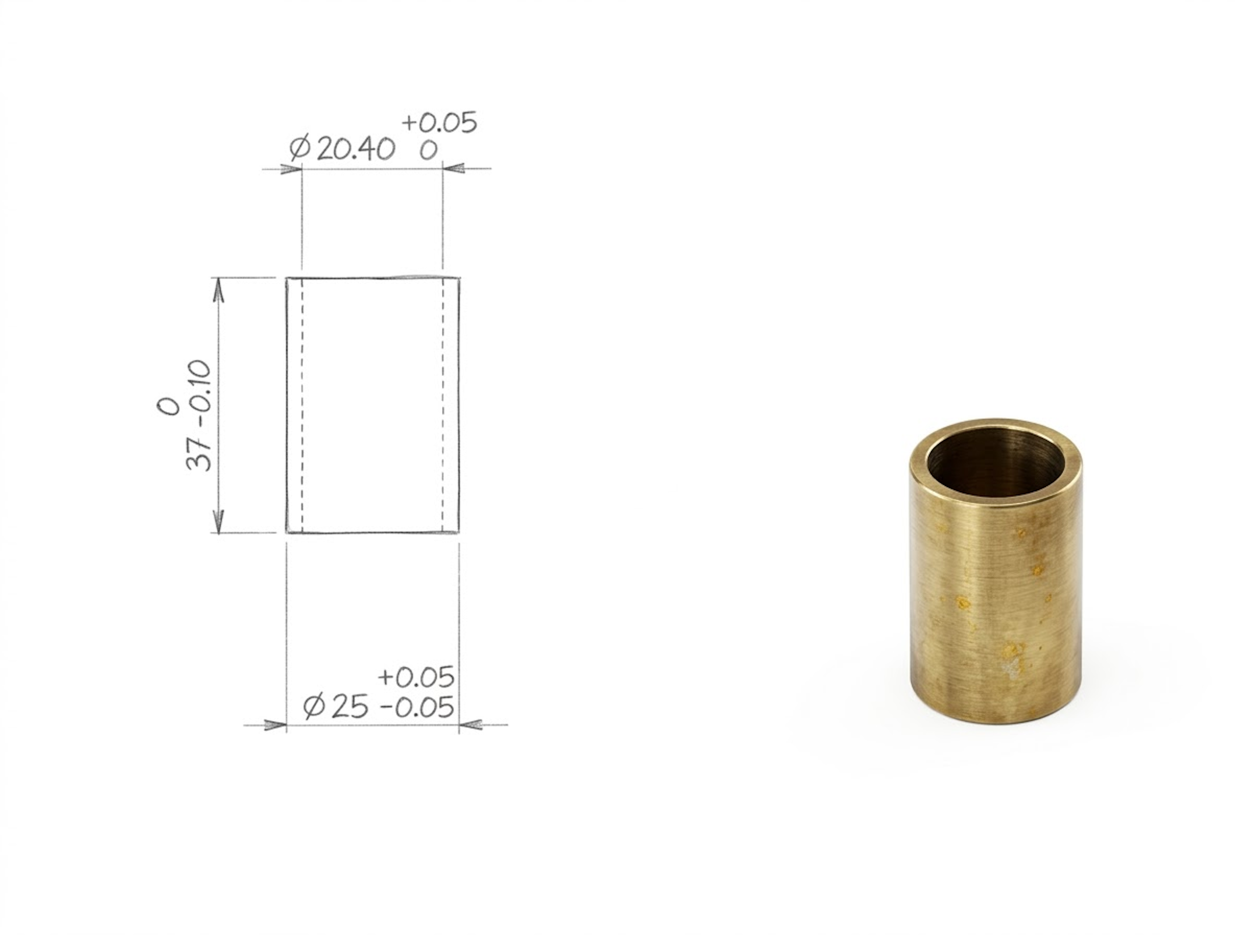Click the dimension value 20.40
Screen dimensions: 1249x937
coord(355,150)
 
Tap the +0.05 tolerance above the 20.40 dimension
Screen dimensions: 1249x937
coord(439,123)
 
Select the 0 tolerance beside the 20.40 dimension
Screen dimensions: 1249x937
coord(428,151)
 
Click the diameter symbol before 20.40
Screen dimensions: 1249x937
coord(300,149)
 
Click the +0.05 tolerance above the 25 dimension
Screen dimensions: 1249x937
coord(416,677)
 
